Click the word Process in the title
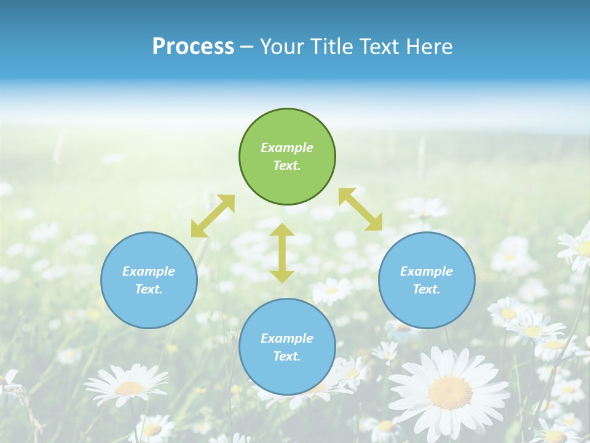[x=193, y=47]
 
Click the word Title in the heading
[x=332, y=47]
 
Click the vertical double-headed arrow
[x=282, y=253]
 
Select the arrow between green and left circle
[x=213, y=216]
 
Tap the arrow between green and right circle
[x=360, y=209]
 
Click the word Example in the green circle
[x=287, y=148]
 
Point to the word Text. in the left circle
[x=149, y=289]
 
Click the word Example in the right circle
[x=427, y=271]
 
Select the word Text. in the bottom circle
[x=287, y=356]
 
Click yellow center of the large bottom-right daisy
[x=450, y=392]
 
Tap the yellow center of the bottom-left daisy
[x=130, y=388]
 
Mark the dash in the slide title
[x=247, y=47]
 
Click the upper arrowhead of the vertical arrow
[x=282, y=230]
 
